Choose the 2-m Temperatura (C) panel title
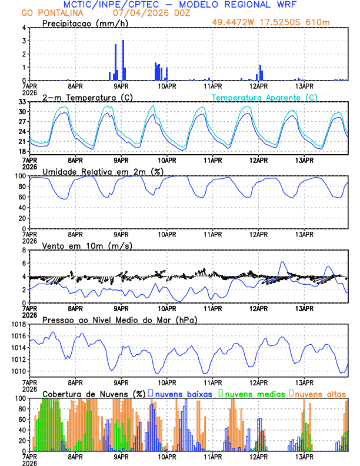pyautogui.click(x=87, y=97)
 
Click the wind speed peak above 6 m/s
pyautogui.click(x=282, y=262)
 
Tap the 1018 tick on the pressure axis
pyautogui.click(x=19, y=324)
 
